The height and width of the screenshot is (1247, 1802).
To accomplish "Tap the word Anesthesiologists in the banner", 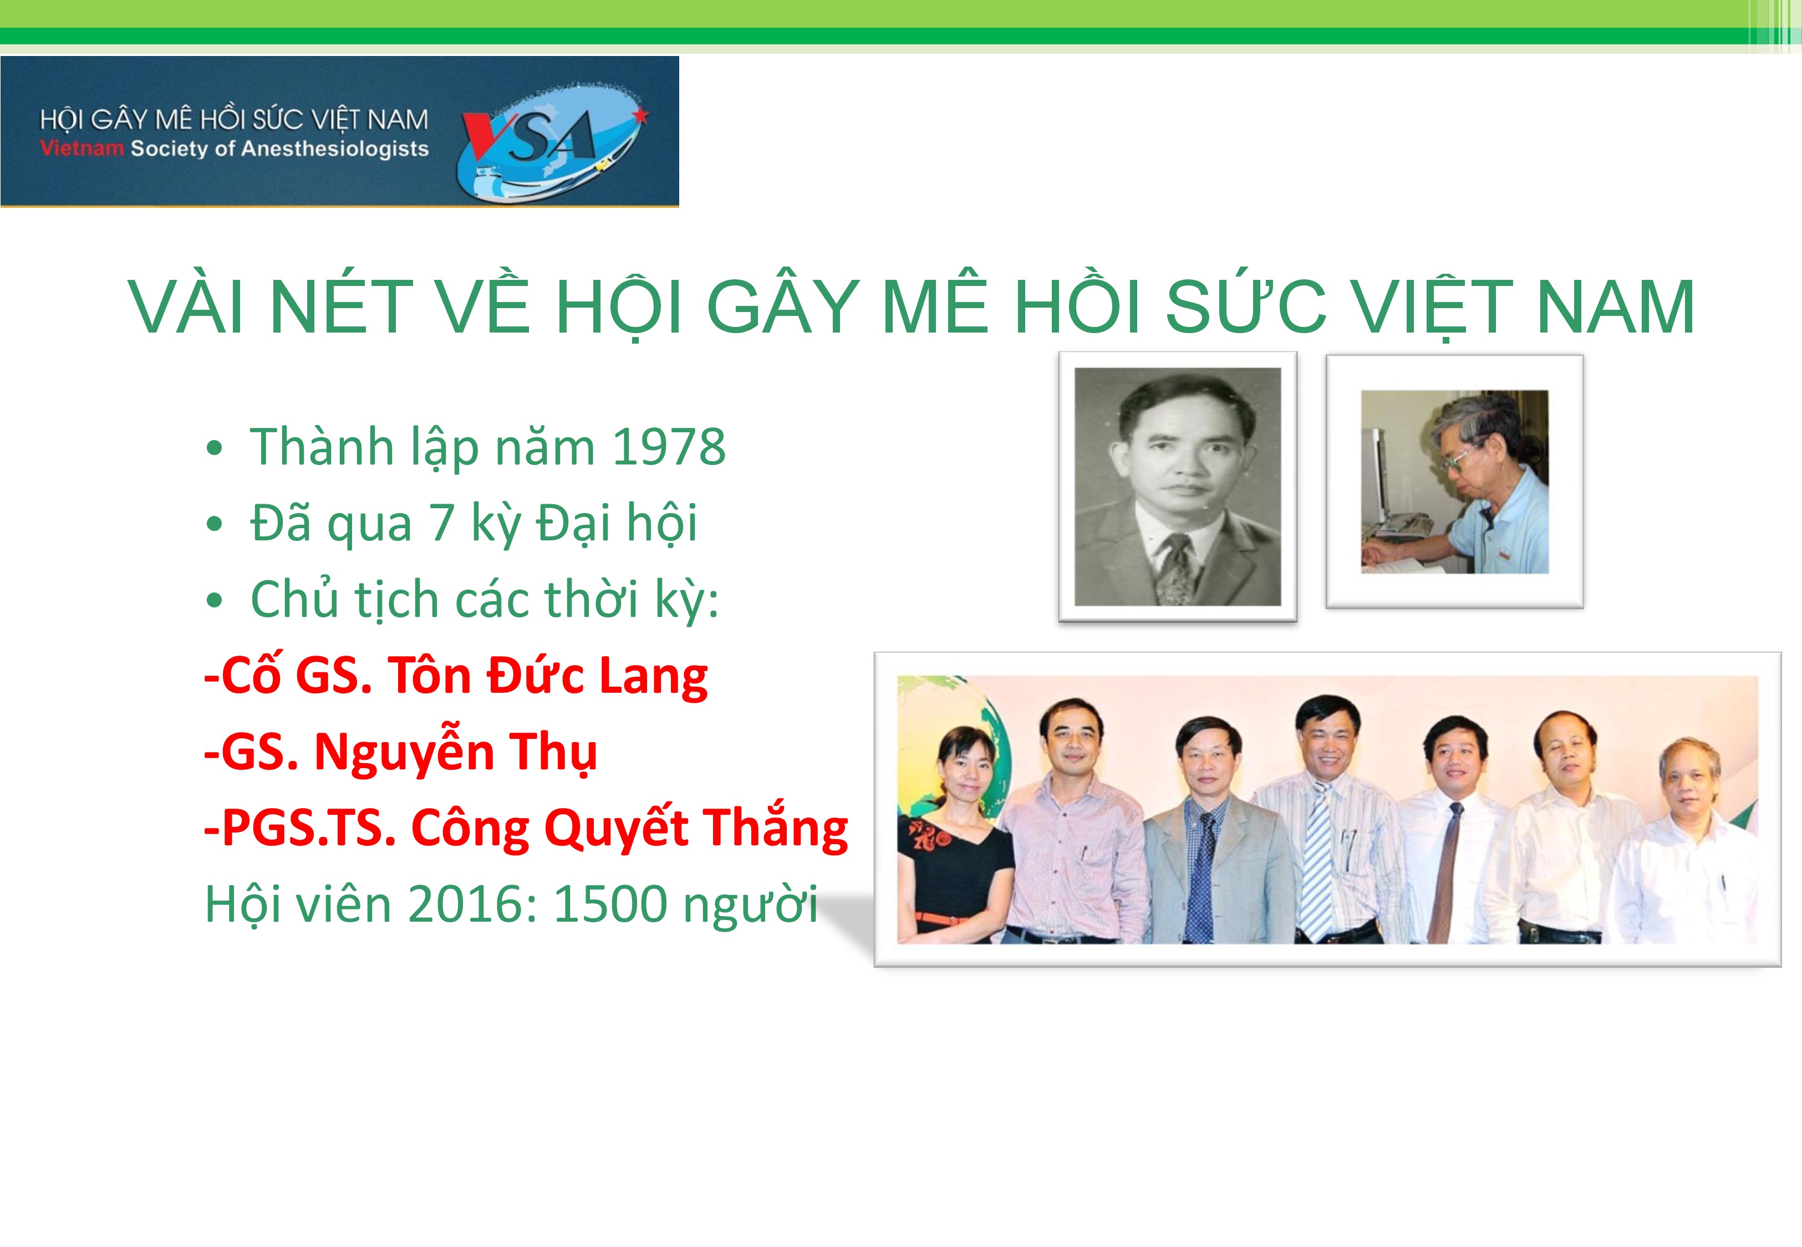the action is coord(334,149).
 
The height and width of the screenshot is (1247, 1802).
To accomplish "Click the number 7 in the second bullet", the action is coord(442,523).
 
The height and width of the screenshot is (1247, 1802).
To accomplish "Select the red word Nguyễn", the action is coord(404,753).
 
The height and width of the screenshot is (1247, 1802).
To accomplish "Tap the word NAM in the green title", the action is coord(1615,306).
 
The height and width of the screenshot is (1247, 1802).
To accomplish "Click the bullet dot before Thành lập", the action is coord(214,450).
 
